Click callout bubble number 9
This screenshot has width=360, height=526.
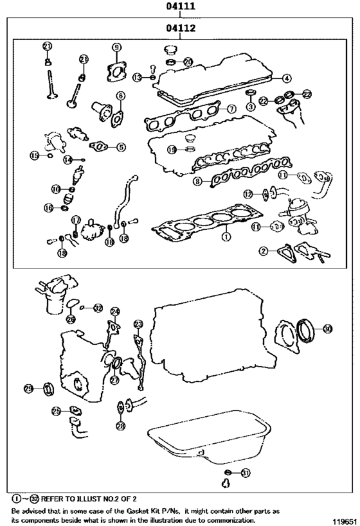click(x=116, y=47)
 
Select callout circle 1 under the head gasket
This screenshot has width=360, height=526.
click(x=225, y=236)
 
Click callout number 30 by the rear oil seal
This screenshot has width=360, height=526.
click(x=327, y=329)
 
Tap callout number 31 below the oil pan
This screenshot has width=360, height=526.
click(x=245, y=473)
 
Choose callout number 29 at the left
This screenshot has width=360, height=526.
click(x=29, y=389)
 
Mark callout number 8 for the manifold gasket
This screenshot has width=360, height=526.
click(x=198, y=182)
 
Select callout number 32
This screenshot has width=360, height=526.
click(x=98, y=308)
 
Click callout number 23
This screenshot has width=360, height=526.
click(x=138, y=324)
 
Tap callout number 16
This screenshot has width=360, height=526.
click(x=48, y=207)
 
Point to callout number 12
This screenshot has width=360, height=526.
click(x=249, y=193)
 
